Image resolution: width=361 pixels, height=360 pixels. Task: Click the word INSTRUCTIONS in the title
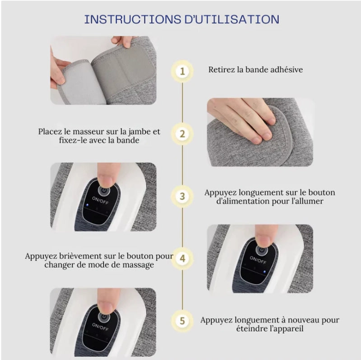(x=133, y=19)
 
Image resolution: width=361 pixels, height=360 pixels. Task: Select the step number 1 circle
(x=182, y=71)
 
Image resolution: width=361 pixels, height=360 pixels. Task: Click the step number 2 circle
(x=182, y=134)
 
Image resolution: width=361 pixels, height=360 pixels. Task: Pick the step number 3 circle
(x=182, y=196)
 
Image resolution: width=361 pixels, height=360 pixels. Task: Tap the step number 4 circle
(x=182, y=258)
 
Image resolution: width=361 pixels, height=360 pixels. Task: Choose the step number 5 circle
(x=182, y=321)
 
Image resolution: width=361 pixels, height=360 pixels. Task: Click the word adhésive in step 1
(x=287, y=70)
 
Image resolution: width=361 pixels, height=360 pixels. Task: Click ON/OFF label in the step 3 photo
(x=100, y=200)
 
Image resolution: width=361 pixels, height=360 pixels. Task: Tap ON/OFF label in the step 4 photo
(x=258, y=260)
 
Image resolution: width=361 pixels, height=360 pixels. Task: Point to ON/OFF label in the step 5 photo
(x=100, y=327)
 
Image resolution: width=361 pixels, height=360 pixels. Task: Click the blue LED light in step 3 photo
(x=87, y=205)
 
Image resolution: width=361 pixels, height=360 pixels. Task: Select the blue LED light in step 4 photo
(x=264, y=272)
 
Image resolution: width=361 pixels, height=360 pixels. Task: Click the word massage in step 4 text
(x=138, y=265)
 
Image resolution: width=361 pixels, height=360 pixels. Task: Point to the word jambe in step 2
(x=138, y=132)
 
